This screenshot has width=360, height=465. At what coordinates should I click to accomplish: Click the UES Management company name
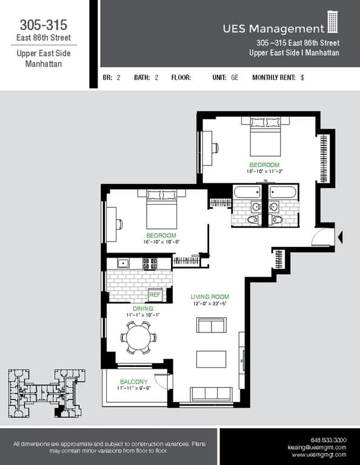pos(273,28)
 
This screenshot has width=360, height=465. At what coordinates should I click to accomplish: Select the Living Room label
pos(209,297)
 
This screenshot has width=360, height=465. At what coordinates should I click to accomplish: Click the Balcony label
pos(133,381)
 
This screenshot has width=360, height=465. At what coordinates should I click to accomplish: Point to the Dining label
pos(139,308)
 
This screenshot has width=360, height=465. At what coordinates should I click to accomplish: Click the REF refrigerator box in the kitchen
pos(154,294)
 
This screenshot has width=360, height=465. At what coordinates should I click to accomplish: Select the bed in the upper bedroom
pos(261,138)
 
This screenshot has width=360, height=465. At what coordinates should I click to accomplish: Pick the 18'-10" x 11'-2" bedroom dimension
pos(265,171)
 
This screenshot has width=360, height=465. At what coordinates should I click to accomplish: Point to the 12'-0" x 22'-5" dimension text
pos(209,304)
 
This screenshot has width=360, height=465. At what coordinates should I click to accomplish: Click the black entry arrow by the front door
pos(340,237)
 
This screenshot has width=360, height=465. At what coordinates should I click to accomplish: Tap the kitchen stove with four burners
pos(149,263)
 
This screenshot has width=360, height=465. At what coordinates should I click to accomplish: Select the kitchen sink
pos(123,263)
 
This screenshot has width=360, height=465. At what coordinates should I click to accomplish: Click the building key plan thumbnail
pos(46,392)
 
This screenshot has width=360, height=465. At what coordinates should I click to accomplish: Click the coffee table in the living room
pos(210,359)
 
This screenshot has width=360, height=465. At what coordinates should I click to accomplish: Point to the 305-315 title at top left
pos(43,25)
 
